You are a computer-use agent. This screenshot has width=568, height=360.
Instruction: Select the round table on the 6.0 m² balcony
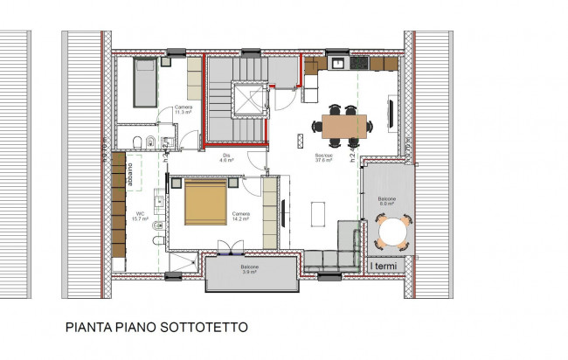click(x=391, y=232)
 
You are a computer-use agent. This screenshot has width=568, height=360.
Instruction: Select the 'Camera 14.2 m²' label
click(x=241, y=215)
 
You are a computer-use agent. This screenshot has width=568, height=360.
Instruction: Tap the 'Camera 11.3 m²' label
click(x=184, y=110)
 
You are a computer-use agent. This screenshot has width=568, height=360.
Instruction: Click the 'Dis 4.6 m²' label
click(x=225, y=158)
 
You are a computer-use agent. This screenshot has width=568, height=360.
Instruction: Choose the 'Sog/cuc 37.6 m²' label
click(x=325, y=158)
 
